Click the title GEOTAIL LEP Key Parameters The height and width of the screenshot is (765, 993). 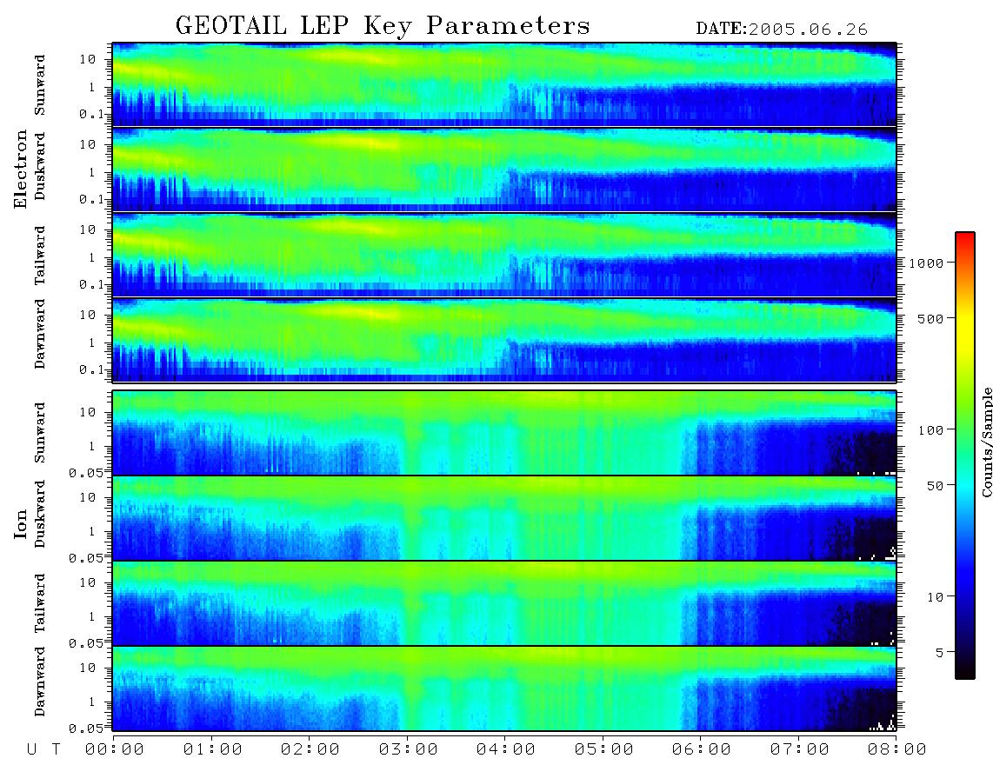coord(383,25)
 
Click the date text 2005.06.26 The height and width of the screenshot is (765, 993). coord(808,30)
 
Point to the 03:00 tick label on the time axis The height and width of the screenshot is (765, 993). coord(408,749)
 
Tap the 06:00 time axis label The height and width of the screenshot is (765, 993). coord(701,749)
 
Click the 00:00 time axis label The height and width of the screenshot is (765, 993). coord(115,749)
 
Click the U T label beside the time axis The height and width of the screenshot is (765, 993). coord(43,749)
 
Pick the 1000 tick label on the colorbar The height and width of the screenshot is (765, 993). coord(927,263)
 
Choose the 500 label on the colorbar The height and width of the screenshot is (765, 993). coord(931,318)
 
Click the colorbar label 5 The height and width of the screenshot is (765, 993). coord(940,652)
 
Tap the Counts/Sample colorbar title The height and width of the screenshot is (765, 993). coord(986,442)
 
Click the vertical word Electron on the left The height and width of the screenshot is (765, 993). coord(21,169)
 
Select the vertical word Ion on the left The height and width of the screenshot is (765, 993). coord(21,523)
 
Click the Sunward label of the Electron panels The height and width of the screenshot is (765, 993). coord(40,85)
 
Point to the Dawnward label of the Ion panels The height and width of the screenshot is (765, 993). coord(40,681)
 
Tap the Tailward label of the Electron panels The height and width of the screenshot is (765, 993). coord(40,256)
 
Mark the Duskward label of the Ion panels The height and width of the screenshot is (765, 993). coord(40,514)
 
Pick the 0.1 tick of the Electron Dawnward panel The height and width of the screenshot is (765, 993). coord(92,369)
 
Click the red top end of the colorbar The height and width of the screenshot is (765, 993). coord(964,235)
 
